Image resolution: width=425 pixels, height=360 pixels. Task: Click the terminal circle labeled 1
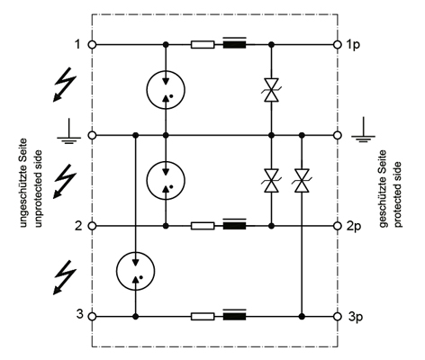93,45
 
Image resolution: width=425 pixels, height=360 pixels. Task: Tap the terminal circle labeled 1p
338,45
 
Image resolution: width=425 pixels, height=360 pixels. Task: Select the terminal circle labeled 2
93,226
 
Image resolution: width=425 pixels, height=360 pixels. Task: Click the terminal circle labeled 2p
338,226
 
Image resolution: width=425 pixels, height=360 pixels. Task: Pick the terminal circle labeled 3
93,316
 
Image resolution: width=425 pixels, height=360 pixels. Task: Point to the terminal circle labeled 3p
338,316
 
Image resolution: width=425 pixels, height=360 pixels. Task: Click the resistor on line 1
203,45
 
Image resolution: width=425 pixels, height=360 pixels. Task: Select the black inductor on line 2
235,225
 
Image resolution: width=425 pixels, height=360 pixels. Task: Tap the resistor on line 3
203,316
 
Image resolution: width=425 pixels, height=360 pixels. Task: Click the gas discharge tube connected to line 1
166,90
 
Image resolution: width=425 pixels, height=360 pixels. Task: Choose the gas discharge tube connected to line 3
136,271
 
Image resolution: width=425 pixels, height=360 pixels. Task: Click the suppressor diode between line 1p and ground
271,90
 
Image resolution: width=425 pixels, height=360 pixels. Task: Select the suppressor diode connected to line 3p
302,181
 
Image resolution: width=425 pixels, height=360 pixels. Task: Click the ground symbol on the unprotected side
69,132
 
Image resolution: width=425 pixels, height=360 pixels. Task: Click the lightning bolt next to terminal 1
65,85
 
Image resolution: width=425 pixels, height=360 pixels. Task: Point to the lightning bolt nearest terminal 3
65,277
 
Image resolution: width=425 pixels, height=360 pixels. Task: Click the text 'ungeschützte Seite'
23,183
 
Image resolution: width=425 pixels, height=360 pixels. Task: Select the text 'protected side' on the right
397,194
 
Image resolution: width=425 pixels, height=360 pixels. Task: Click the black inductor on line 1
235,43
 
